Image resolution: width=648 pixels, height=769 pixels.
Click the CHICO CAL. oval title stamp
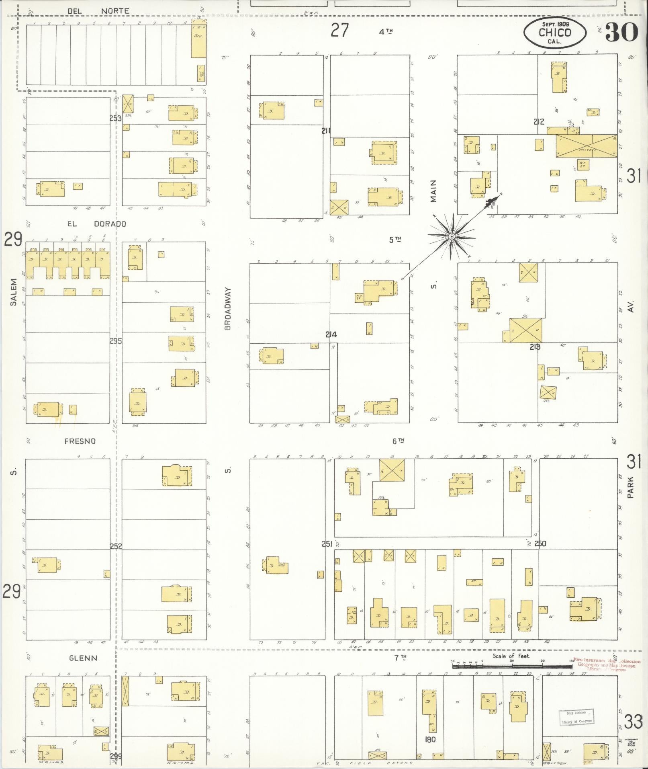point(555,32)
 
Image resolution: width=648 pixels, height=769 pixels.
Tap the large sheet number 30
point(621,32)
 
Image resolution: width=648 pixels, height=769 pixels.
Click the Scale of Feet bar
point(512,666)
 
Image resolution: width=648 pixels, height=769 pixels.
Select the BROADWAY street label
point(228,309)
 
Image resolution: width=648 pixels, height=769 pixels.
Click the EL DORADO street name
point(96,224)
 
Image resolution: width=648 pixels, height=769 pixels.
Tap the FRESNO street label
point(80,441)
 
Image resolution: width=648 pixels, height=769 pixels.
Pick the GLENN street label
point(83,658)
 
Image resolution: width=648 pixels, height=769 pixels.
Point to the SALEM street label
point(14,292)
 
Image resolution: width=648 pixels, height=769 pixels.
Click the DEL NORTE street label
point(98,11)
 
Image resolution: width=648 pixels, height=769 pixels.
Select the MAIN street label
point(433,191)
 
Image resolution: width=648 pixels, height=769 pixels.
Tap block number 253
point(115,118)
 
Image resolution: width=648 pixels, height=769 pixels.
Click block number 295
point(116,341)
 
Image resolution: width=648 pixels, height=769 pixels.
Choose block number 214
point(331,334)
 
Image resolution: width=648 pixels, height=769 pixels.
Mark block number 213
point(535,347)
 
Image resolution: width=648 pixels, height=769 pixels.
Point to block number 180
point(430,739)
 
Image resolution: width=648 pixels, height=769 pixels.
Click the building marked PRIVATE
point(586,146)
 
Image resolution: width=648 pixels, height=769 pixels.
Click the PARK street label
point(630,487)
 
